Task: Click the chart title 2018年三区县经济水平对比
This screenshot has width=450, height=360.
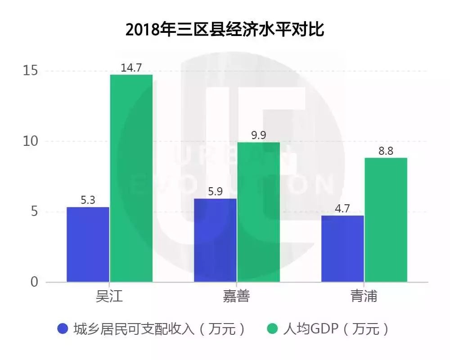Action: tap(225, 29)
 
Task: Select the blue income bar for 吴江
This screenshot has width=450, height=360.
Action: tap(88, 244)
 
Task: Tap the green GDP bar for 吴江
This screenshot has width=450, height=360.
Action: tap(131, 178)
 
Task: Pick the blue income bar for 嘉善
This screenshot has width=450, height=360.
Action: tap(215, 240)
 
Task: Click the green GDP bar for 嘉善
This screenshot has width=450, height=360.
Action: tap(259, 212)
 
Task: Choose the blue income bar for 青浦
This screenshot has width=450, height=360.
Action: tap(342, 248)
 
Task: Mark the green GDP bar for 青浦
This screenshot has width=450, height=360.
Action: tap(386, 220)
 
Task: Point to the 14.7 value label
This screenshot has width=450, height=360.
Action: tap(131, 68)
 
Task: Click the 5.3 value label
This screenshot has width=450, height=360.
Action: tap(88, 200)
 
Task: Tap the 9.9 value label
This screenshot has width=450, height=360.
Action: tap(259, 135)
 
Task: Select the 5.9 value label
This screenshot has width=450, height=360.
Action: tap(215, 192)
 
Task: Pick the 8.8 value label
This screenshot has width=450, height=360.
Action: tap(386, 151)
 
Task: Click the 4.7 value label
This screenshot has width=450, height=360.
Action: tap(342, 209)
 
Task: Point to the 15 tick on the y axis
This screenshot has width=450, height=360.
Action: tap(31, 71)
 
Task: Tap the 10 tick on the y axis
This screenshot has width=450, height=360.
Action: tap(31, 141)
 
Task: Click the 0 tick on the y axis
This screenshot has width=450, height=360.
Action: tap(34, 282)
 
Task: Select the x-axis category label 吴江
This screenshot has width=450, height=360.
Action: tap(109, 296)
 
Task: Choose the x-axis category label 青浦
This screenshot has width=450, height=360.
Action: tap(364, 296)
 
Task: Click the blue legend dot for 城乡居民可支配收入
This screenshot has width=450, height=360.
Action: tap(63, 328)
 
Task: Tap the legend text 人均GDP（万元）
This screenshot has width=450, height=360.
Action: tap(336, 328)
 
